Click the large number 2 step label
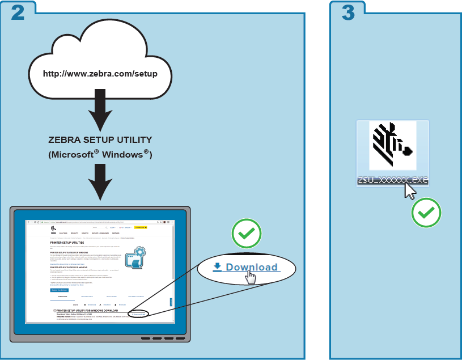coord(18,12)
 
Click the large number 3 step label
coord(347,12)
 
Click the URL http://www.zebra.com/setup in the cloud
coord(100,74)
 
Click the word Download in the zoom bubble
coord(252,268)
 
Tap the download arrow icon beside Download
coord(217,267)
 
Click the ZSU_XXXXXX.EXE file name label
coord(392,181)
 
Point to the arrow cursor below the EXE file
coord(410,191)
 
